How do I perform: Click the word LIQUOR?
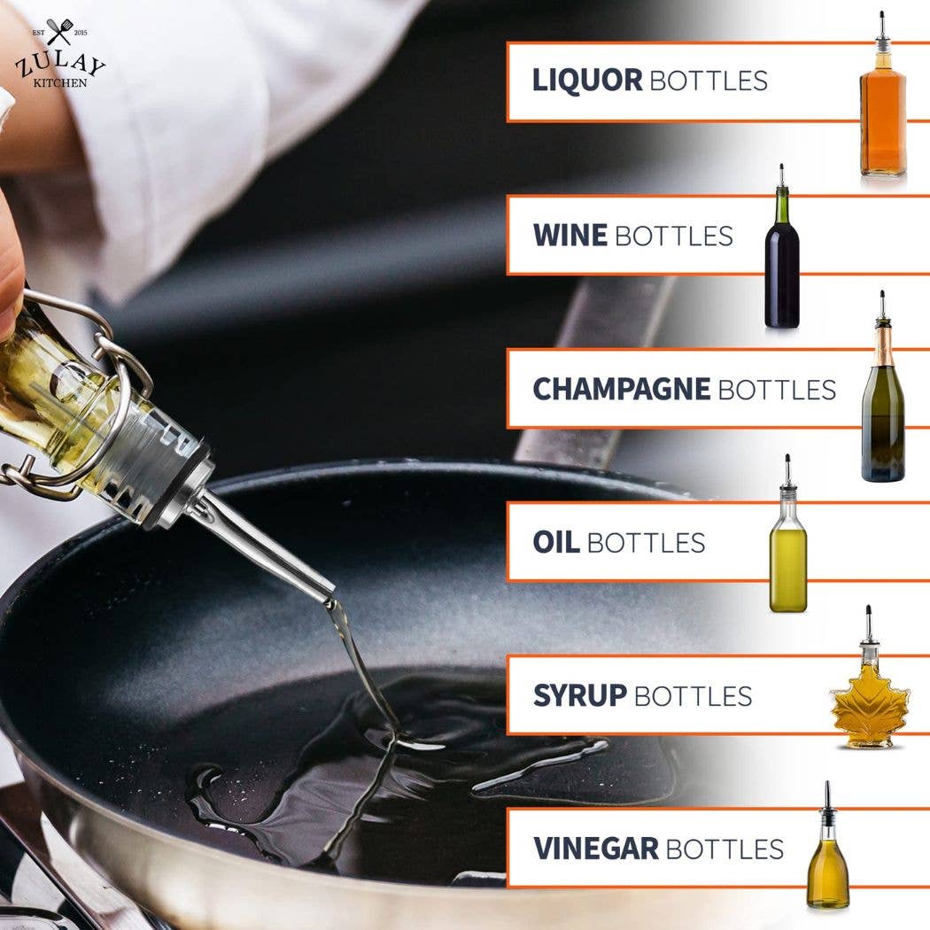click(x=586, y=81)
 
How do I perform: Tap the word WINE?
click(x=570, y=236)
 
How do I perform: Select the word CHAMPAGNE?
click(x=621, y=389)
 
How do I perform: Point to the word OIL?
click(x=555, y=542)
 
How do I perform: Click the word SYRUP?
click(x=579, y=696)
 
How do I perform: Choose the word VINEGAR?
click(x=595, y=849)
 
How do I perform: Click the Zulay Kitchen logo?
click(x=60, y=58)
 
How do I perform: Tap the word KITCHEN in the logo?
click(x=60, y=83)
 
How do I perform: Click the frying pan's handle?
click(x=593, y=372)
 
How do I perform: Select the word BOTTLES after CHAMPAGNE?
click(x=777, y=390)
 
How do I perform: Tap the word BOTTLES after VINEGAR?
click(x=724, y=849)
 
